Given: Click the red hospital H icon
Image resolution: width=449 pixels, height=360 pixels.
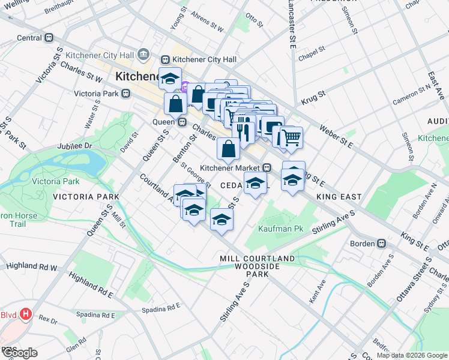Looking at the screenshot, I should [x=25, y=313].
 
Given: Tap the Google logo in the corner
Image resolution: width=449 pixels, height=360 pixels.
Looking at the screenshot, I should [x=19, y=353].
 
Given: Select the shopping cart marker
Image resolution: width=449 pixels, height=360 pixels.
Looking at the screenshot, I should [x=292, y=137].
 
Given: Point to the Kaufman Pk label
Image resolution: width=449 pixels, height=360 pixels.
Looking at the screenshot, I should [x=276, y=229].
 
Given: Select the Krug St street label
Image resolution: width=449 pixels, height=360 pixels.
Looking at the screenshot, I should [x=313, y=94].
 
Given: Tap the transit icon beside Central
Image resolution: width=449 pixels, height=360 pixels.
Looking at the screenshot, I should [x=50, y=38].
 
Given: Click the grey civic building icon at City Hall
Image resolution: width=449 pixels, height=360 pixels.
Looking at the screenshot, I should [x=143, y=55].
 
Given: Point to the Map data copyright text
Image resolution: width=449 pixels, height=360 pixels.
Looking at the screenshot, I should [x=412, y=355].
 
